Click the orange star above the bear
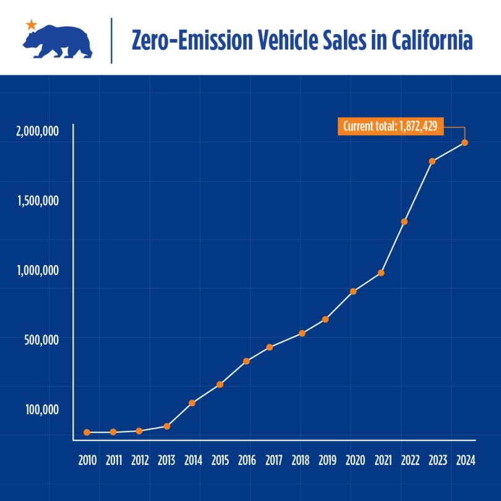[x=31, y=25]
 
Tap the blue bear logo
[x=57, y=42]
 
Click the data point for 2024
[x=465, y=142]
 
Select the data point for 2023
[x=432, y=161]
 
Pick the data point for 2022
[x=404, y=222]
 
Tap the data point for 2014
[x=192, y=403]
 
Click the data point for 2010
[x=87, y=432]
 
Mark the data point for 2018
[x=302, y=333]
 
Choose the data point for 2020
[x=353, y=291]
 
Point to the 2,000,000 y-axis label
[x=38, y=131]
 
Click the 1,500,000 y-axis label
[x=38, y=201]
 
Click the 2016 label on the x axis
[x=246, y=461]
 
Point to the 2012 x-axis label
[x=140, y=461]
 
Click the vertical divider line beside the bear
[x=111, y=41]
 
